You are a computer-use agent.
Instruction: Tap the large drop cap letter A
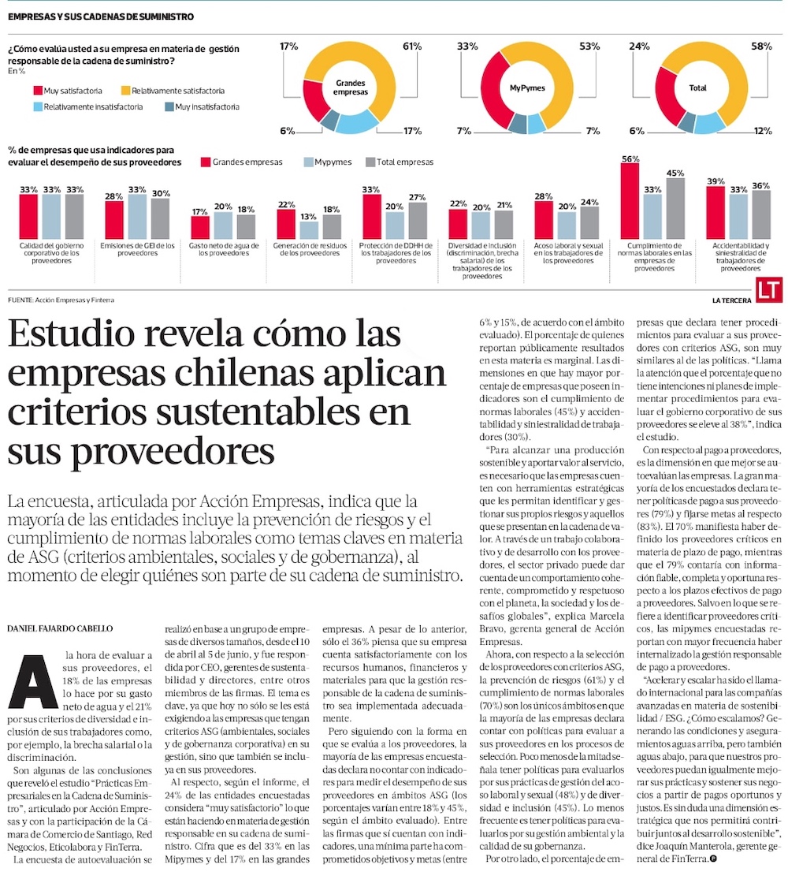[x=33, y=682]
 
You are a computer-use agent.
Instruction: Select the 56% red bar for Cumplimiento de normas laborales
[x=630, y=201]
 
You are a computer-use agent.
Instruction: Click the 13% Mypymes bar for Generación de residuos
[x=309, y=230]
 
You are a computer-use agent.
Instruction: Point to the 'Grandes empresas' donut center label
[x=351, y=88]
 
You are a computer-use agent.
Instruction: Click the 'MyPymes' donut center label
[x=527, y=88]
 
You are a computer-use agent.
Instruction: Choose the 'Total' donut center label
[x=698, y=88]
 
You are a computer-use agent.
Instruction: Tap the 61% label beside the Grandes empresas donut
[x=412, y=47]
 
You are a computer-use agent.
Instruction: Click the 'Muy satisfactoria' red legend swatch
[x=39, y=91]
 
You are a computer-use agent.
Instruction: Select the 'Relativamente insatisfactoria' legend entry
[x=88, y=106]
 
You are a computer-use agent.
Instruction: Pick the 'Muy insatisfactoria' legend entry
[x=202, y=106]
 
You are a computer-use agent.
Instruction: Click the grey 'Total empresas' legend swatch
[x=370, y=162]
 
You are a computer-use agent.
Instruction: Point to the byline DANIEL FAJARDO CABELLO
[x=60, y=628]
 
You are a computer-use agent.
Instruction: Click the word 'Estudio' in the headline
[x=72, y=334]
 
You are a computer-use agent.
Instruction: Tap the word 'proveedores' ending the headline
[x=173, y=452]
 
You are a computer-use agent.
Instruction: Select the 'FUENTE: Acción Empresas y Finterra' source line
[x=61, y=300]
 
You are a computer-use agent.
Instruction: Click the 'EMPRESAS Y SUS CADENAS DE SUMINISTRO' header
[x=101, y=17]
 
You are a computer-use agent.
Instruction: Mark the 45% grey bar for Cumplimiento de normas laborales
[x=675, y=209]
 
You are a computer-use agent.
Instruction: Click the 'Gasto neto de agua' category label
[x=224, y=249]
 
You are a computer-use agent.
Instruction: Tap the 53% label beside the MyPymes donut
[x=589, y=47]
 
